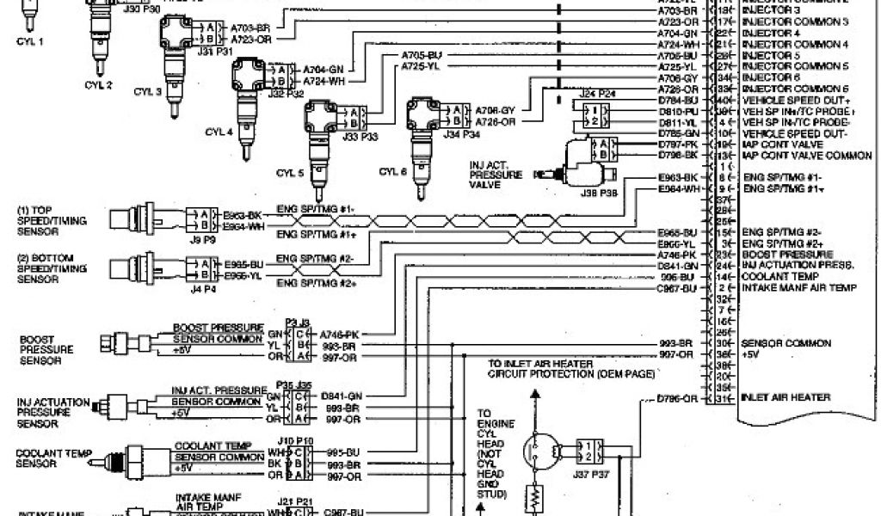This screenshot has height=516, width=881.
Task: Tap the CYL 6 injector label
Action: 392,172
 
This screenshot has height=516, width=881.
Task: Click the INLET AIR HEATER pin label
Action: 786,397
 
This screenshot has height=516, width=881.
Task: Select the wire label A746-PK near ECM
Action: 675,255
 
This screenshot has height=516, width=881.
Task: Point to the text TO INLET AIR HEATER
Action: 540,364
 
